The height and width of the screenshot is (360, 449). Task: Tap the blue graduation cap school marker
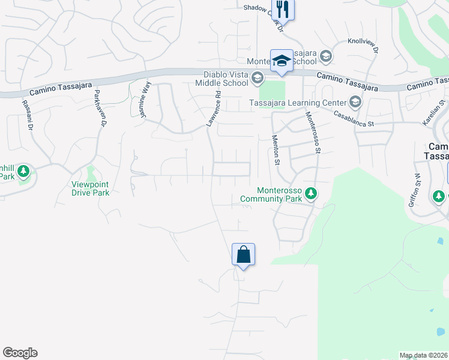click(x=282, y=61)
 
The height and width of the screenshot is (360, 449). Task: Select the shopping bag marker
click(x=243, y=254)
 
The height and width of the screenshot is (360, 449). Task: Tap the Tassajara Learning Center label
click(x=297, y=102)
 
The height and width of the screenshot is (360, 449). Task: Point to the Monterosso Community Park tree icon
click(x=310, y=193)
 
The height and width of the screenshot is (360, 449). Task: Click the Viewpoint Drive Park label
click(x=91, y=188)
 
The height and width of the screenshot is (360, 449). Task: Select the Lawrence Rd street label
click(x=214, y=109)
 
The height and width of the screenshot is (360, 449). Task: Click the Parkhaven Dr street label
click(x=100, y=109)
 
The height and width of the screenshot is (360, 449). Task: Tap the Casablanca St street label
click(x=354, y=119)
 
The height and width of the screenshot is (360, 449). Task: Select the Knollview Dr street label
click(x=363, y=46)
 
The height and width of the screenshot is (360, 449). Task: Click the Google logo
click(x=20, y=353)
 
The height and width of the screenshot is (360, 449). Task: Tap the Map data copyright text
click(x=424, y=355)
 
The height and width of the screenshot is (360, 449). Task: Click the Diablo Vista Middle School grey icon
click(x=258, y=77)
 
